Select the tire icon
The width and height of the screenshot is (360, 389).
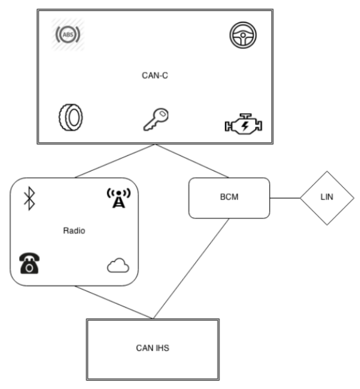click(x=70, y=116)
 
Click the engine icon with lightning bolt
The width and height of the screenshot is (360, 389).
click(x=242, y=124)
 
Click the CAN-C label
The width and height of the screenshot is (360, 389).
click(x=155, y=75)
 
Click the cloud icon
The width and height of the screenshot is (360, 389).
click(x=118, y=266)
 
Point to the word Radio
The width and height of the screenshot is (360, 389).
click(x=74, y=231)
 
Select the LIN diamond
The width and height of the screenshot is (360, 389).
click(x=327, y=198)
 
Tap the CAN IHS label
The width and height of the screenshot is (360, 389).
click(x=153, y=348)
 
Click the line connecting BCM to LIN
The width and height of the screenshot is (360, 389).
click(x=285, y=198)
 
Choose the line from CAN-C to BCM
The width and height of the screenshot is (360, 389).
click(x=192, y=161)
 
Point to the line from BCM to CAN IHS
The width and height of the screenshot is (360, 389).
click(x=191, y=268)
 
